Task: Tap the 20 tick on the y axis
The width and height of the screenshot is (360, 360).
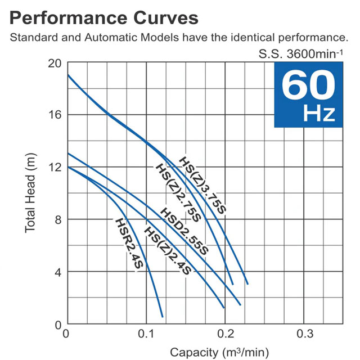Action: coord(54,62)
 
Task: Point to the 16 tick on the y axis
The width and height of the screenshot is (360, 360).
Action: coord(54,115)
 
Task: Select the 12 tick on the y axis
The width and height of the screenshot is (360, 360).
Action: coord(54,167)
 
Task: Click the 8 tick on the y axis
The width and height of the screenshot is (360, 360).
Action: coord(57,219)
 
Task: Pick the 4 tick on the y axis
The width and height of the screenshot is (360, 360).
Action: coord(57,272)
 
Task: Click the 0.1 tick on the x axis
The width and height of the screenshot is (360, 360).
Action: coord(146,334)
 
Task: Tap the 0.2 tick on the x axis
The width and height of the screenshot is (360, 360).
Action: coord(225,334)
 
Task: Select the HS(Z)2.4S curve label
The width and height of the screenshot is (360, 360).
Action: coord(168,250)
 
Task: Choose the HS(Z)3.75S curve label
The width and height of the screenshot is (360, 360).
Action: coord(202,184)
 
